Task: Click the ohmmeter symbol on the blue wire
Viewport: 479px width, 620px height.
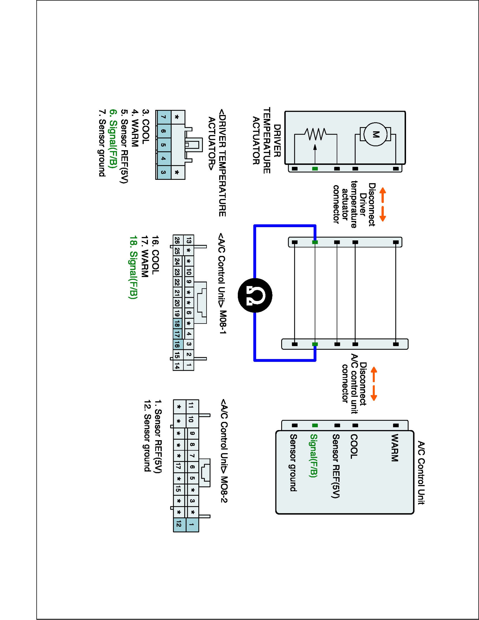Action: click(255, 295)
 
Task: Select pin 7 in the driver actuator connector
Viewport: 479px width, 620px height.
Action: click(163, 117)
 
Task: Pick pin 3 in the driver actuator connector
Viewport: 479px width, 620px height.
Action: click(163, 172)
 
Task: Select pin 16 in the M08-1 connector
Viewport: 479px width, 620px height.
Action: click(177, 344)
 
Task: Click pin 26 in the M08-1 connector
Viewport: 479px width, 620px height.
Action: click(177, 241)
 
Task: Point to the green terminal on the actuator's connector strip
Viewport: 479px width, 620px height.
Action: click(315, 169)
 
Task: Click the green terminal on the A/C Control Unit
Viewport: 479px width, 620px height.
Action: click(315, 426)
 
